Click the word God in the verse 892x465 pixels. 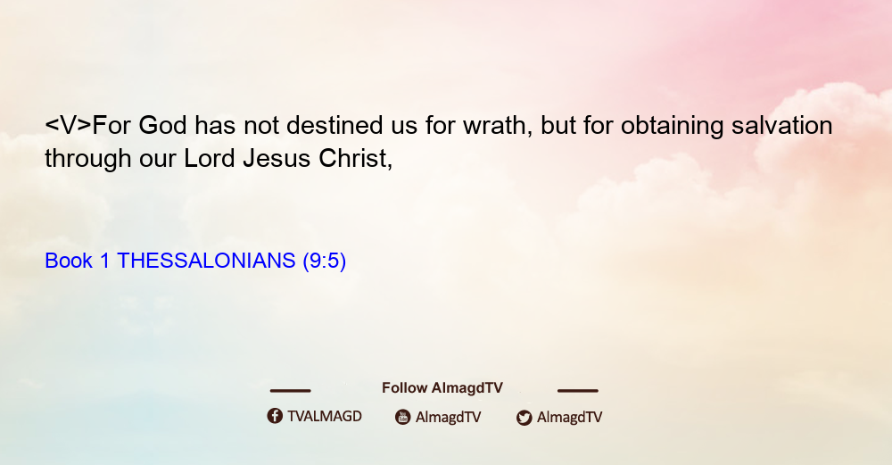pos(162,125)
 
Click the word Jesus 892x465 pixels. pos(277,158)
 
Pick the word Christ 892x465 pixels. pos(356,159)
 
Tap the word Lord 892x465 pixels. pos(210,158)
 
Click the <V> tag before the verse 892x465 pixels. pos(69,125)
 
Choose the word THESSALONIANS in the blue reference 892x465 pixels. pos(206,261)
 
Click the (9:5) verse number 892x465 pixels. pos(325,262)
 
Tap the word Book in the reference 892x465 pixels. pos(69,261)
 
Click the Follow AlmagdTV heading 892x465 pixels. pos(442,387)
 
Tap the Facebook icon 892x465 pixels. pos(275,416)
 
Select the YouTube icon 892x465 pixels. pos(403,417)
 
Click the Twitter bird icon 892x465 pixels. pos(524,418)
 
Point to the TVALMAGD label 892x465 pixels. pos(325,416)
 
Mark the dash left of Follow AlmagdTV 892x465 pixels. pos(290,390)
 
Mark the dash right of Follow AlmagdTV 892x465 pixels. pos(578,390)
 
